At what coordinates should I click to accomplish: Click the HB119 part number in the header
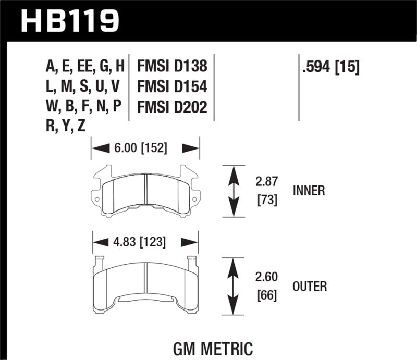coord(70,20)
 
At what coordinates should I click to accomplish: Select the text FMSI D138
coord(172,67)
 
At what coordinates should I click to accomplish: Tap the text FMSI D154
coord(172,86)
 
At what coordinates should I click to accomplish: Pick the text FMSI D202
coord(172,107)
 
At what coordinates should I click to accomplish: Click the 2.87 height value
coord(266,182)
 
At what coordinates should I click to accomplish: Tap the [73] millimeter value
coord(266,200)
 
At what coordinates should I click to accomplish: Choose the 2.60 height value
coord(266,278)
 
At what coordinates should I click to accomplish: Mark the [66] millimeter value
coord(266,295)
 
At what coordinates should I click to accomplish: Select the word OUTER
coord(310,286)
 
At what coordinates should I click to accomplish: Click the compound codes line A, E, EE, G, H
coord(85,67)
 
